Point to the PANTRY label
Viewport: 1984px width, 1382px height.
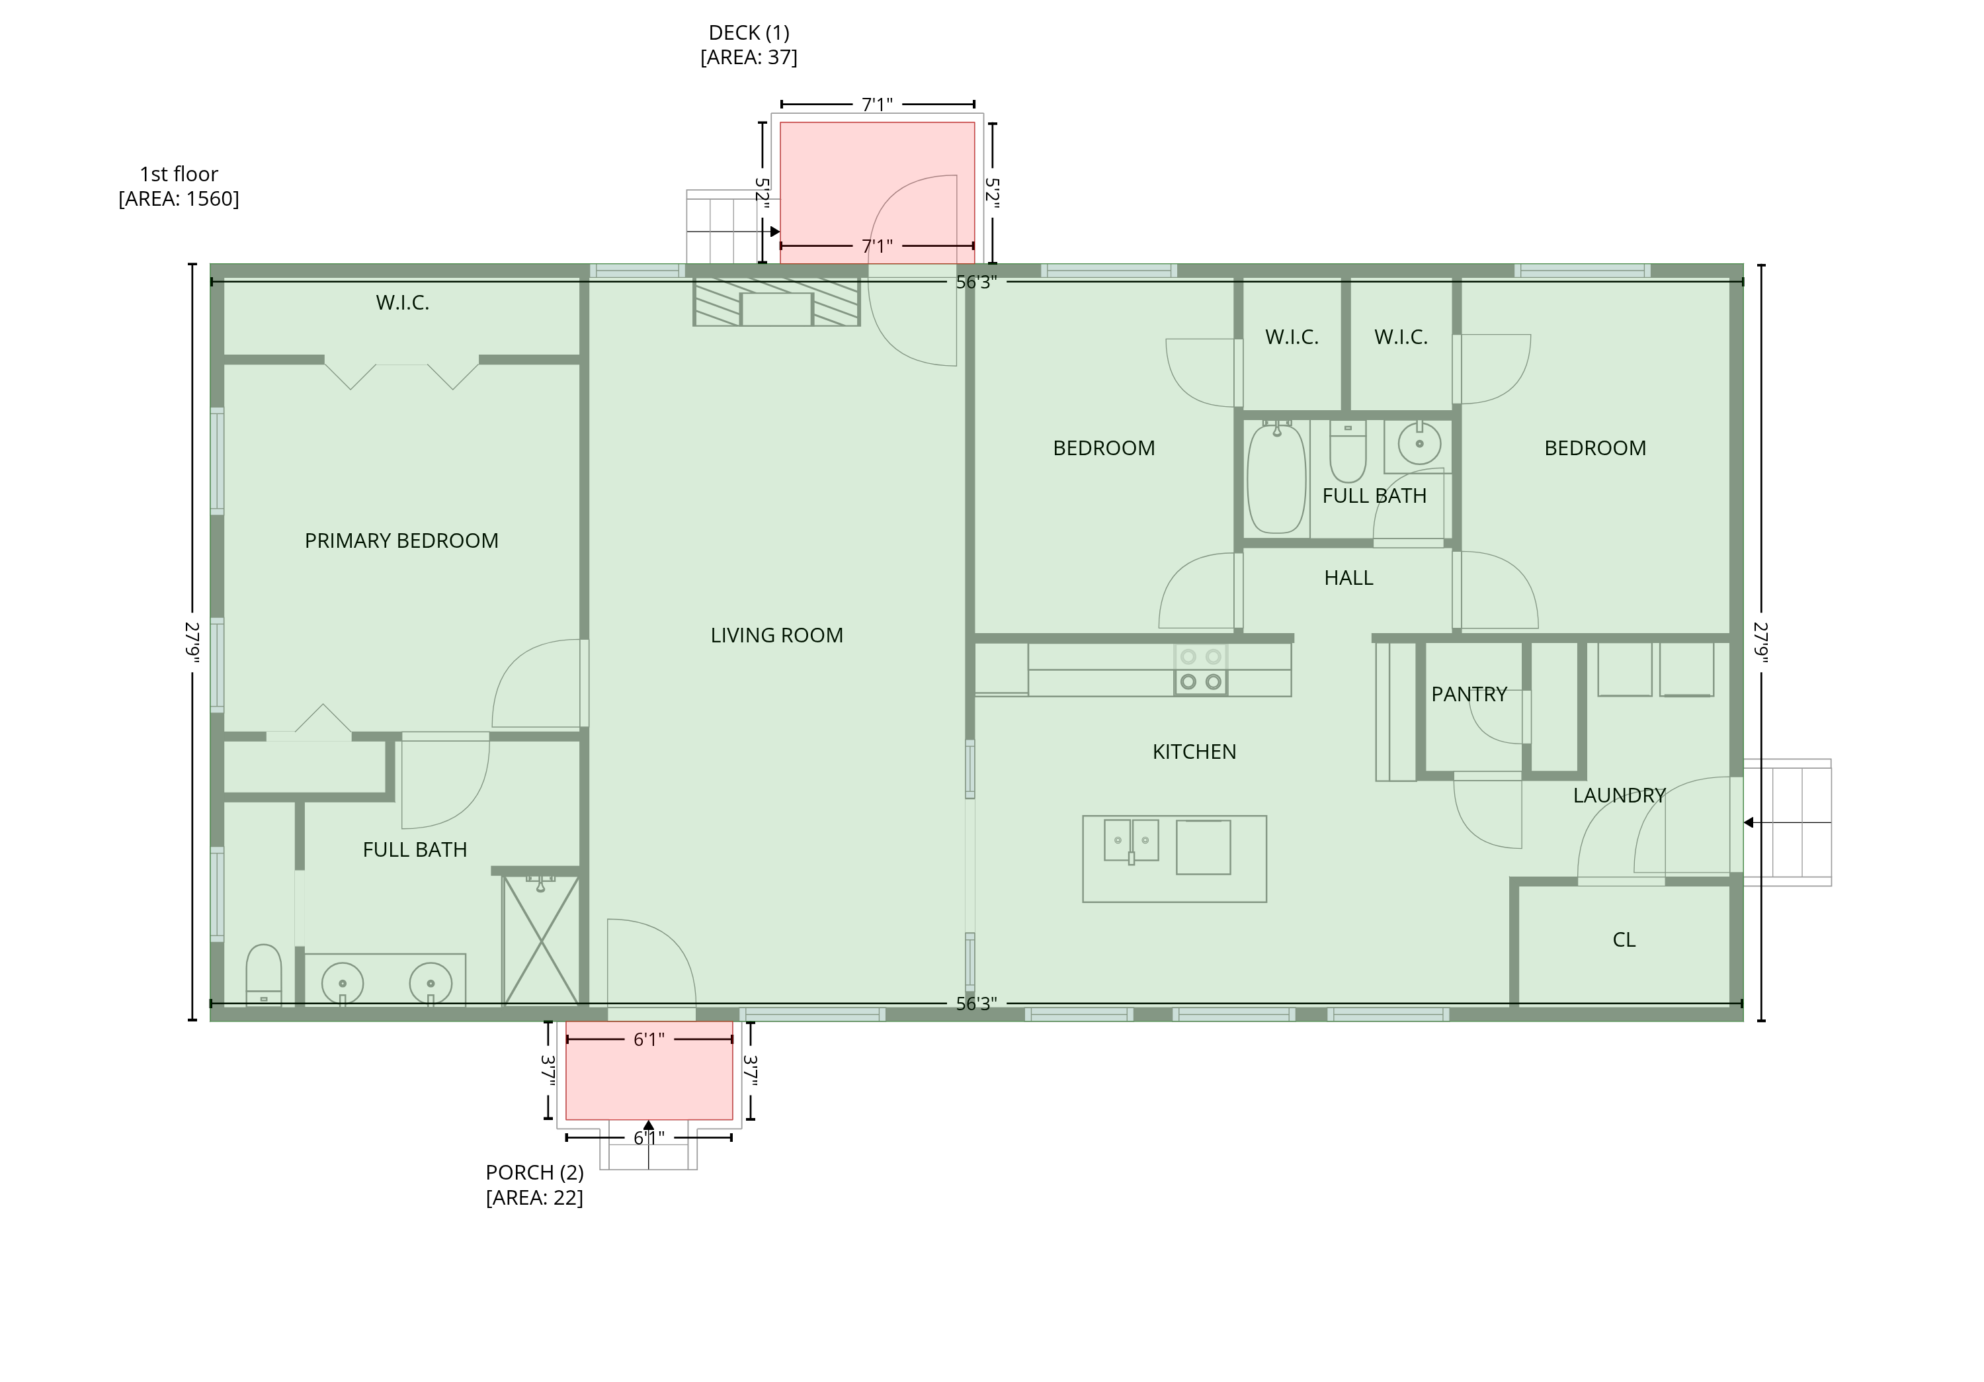[1469, 694]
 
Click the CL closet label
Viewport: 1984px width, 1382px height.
[1624, 939]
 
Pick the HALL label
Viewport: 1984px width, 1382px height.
[1348, 578]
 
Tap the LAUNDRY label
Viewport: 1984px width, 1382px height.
[1618, 795]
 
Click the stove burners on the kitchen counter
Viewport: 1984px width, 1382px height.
[1200, 669]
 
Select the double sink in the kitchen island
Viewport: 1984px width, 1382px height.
[1131, 841]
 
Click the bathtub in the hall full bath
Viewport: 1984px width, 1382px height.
[1276, 477]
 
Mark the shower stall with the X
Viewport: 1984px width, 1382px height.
[541, 940]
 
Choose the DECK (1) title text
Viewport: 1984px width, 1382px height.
[749, 33]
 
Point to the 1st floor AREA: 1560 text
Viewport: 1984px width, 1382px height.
[179, 187]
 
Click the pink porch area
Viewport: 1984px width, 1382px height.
[649, 1070]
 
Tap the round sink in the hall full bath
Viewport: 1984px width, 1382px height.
[1418, 443]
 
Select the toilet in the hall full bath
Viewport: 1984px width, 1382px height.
[1347, 452]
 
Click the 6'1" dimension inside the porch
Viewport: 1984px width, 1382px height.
[648, 1040]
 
